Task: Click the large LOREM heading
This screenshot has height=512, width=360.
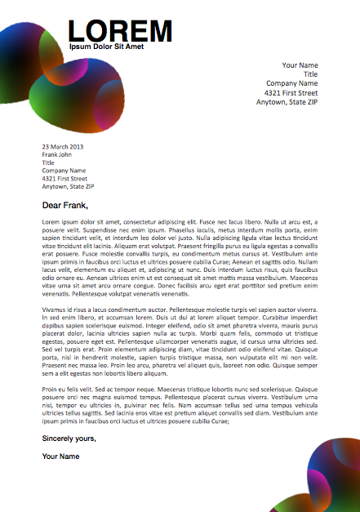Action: point(119,31)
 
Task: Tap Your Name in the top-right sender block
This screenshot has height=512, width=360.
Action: point(300,65)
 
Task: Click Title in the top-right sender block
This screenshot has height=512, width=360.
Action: point(310,74)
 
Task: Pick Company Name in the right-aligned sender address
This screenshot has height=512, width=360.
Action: point(291,83)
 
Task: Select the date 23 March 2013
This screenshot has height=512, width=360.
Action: point(63,147)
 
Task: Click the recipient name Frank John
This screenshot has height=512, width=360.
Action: point(57,154)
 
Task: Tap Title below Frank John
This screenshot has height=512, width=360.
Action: point(48,163)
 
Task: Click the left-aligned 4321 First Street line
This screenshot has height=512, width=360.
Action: point(64,178)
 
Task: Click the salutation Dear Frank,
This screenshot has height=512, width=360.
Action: point(64,205)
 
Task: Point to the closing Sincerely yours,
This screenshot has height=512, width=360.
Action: point(69,439)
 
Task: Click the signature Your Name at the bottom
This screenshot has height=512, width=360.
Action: point(60,456)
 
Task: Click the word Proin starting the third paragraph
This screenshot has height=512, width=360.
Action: point(51,390)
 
